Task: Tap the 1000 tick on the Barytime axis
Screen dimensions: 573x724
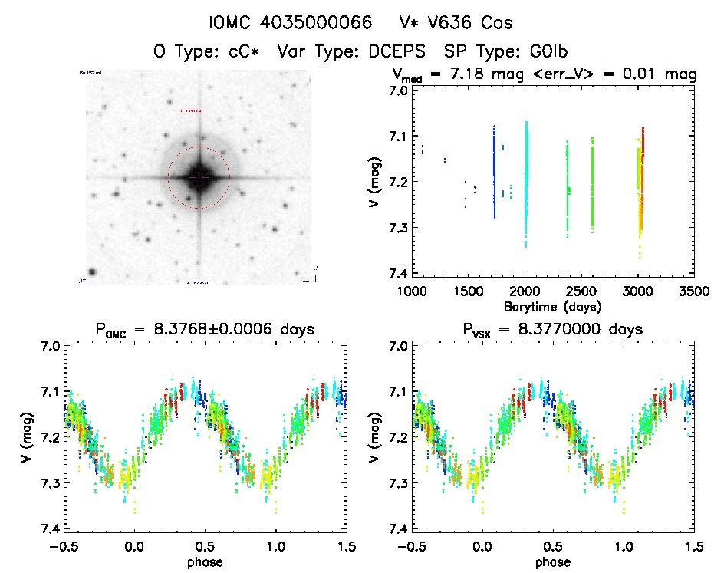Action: [412, 291]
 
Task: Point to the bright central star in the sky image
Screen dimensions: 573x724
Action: [199, 177]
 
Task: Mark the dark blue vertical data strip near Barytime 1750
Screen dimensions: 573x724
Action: [495, 173]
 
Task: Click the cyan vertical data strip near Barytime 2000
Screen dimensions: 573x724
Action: [526, 184]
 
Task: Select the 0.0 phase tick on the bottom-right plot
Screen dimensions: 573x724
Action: [482, 547]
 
